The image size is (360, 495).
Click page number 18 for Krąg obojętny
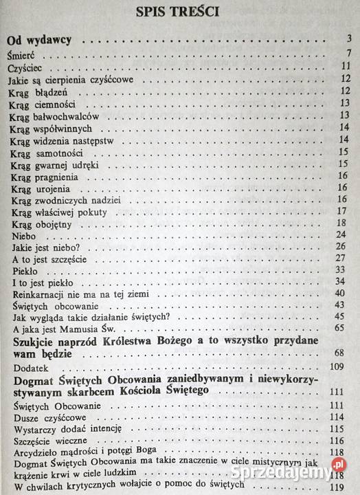click(x=346, y=223)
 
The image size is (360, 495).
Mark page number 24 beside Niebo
click(x=346, y=235)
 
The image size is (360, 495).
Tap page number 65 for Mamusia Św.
click(x=346, y=329)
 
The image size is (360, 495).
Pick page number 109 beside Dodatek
click(x=344, y=366)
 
